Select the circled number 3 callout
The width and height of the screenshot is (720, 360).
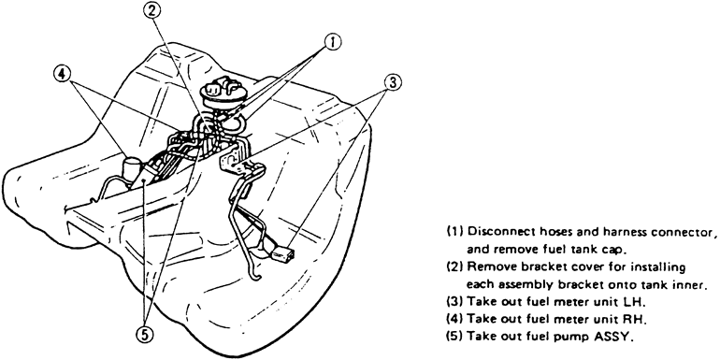coord(393,82)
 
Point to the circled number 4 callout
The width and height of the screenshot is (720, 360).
coord(62,74)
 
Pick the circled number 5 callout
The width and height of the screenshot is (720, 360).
coord(144,336)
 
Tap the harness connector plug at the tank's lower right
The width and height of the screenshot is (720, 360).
coord(281,253)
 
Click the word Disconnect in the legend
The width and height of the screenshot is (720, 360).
coord(497,231)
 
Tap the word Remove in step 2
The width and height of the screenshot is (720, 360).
coord(488,266)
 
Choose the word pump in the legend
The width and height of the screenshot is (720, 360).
coord(575,337)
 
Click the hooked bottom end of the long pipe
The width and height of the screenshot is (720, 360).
coord(255,276)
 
